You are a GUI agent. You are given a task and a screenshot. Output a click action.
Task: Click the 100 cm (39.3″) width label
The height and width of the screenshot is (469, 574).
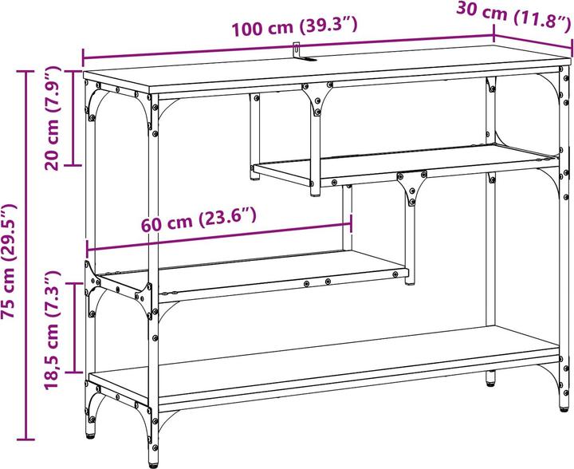click(295, 27)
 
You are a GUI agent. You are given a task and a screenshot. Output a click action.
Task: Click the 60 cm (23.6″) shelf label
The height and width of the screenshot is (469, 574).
click(199, 219)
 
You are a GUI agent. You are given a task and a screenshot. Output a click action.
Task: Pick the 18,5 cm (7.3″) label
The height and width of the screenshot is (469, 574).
click(52, 330)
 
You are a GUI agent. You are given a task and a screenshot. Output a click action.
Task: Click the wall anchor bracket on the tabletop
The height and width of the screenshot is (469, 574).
click(301, 53)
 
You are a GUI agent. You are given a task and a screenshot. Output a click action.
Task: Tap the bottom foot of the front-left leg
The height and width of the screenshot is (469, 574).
click(153, 464)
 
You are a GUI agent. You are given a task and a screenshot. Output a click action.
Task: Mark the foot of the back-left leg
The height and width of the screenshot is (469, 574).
click(90, 435)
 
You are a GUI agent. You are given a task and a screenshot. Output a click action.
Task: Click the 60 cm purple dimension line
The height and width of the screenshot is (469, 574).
click(219, 237)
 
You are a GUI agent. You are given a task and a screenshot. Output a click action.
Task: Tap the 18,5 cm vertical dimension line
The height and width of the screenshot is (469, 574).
click(75, 328)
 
